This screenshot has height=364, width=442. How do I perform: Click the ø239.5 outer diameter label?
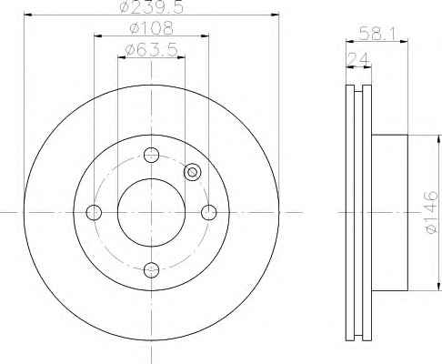(x=152, y=6)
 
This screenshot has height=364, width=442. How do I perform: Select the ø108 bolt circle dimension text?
(x=152, y=28)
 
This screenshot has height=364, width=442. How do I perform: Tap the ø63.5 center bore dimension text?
(x=151, y=49)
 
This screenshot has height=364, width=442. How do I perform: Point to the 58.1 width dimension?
(x=377, y=33)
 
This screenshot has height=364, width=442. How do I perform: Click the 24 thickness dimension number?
(x=358, y=59)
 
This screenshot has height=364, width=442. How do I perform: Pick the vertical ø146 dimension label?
(x=431, y=212)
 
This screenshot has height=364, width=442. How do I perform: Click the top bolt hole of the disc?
(x=151, y=155)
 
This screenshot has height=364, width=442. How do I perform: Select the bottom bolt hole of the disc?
(x=151, y=270)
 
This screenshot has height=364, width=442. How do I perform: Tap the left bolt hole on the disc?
(x=94, y=212)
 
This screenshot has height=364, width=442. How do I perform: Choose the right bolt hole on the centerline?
(x=209, y=212)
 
